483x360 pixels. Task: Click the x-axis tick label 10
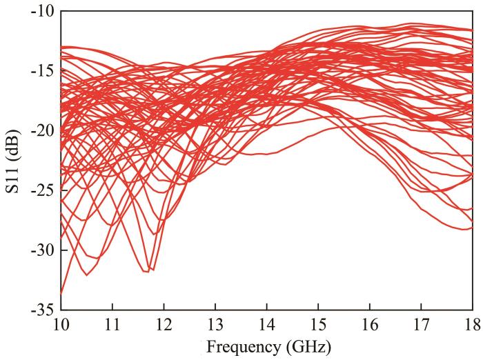click(61, 324)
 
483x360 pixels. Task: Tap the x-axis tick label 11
click(112, 324)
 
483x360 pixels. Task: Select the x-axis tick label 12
click(164, 324)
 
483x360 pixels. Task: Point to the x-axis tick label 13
click(215, 324)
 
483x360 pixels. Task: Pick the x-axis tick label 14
click(266, 324)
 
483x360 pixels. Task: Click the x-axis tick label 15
click(318, 324)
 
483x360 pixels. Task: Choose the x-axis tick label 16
click(370, 324)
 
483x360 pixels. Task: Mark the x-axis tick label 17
click(421, 324)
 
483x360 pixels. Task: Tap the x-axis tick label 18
click(472, 324)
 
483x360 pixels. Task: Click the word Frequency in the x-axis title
click(238, 344)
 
